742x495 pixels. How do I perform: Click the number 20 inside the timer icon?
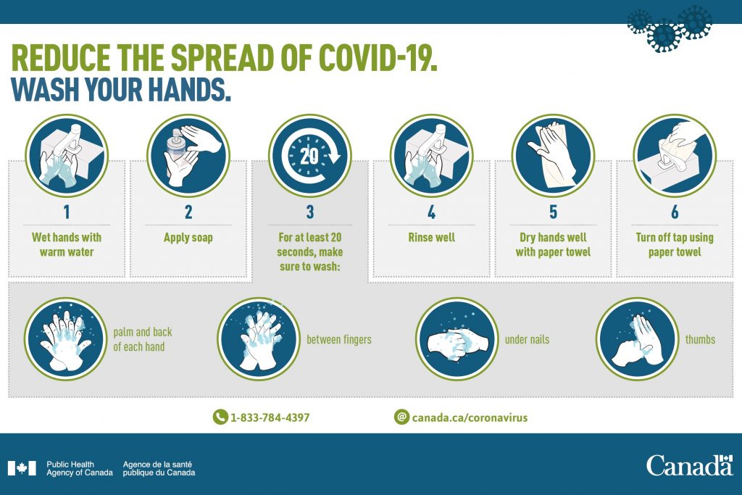[309, 156]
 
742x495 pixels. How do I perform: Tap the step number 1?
[67, 212]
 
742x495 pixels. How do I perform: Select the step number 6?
[675, 212]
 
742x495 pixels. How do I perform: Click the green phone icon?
[220, 417]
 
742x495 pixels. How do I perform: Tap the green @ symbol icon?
[401, 417]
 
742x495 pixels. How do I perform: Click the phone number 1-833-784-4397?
[270, 417]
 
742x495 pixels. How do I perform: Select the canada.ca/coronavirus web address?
[470, 417]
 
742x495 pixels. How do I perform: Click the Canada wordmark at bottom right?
[690, 465]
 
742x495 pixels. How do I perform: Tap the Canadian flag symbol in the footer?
[22, 468]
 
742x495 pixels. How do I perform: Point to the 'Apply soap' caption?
[188, 238]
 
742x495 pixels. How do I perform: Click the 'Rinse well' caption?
[432, 237]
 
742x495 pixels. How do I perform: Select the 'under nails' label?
[528, 339]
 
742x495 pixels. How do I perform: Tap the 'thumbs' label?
[701, 339]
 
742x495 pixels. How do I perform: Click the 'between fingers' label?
[339, 339]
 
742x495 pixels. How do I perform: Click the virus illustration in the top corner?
[669, 28]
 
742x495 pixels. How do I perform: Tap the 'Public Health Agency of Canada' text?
[80, 468]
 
